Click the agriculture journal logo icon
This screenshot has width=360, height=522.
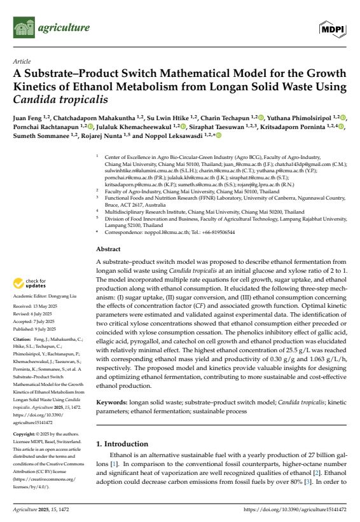[24, 28]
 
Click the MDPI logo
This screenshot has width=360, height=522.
[334, 29]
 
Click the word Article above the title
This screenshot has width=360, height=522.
[21, 62]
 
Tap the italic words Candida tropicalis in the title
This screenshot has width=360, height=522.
[60, 100]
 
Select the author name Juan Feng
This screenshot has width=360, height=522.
[30, 118]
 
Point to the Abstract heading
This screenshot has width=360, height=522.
[107, 249]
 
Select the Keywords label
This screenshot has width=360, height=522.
[113, 403]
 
